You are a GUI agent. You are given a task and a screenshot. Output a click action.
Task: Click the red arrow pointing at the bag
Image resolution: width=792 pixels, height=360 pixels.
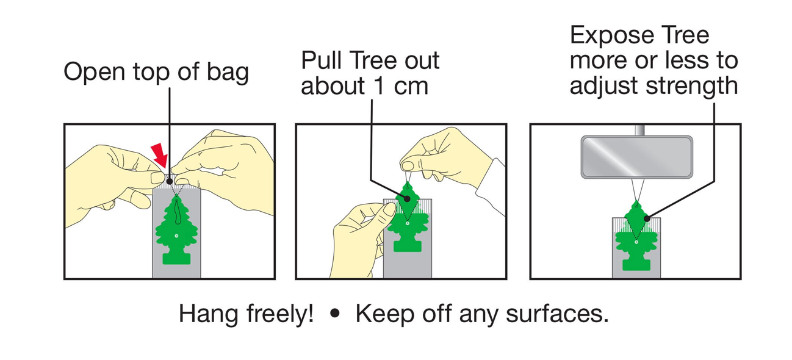159,155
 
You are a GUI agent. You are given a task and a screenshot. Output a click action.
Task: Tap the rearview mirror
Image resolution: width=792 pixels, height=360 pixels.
637,157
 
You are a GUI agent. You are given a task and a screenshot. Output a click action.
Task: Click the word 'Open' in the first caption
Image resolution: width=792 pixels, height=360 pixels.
95,72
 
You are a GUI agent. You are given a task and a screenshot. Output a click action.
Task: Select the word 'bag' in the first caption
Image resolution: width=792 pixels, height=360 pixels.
228,73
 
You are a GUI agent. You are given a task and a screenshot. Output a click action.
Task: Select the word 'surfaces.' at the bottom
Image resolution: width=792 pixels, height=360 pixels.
557,314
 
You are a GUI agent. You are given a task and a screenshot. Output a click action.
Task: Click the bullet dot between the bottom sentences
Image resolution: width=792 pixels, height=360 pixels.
334,313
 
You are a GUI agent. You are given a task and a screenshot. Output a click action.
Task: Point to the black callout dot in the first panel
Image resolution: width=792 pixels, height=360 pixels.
170,181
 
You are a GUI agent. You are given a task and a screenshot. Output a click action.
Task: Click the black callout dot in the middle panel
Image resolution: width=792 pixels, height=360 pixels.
407,199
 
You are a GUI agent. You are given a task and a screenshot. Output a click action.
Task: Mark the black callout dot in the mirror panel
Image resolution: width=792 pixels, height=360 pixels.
647,219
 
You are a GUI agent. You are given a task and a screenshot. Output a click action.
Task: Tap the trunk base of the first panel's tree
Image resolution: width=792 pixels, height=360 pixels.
176,259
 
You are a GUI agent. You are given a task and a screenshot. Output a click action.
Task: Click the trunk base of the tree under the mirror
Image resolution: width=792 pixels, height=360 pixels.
636,265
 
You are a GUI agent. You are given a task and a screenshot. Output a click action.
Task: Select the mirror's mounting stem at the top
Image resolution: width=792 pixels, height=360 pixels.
639,130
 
